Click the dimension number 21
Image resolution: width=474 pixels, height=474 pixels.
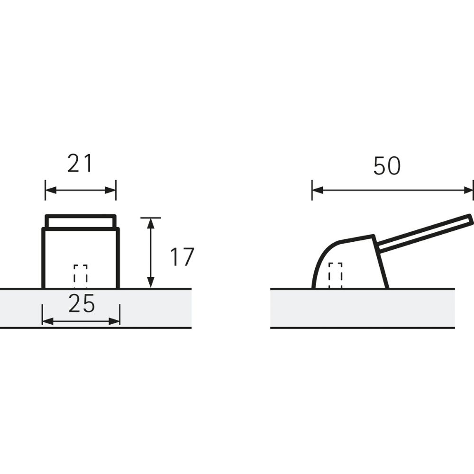79,164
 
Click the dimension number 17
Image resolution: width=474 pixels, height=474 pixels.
182,257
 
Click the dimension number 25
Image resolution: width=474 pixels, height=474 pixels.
82,304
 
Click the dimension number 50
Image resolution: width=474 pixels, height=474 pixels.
387,166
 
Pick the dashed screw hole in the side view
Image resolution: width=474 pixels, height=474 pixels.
335,275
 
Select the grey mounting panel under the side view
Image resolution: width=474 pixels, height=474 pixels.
363,308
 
